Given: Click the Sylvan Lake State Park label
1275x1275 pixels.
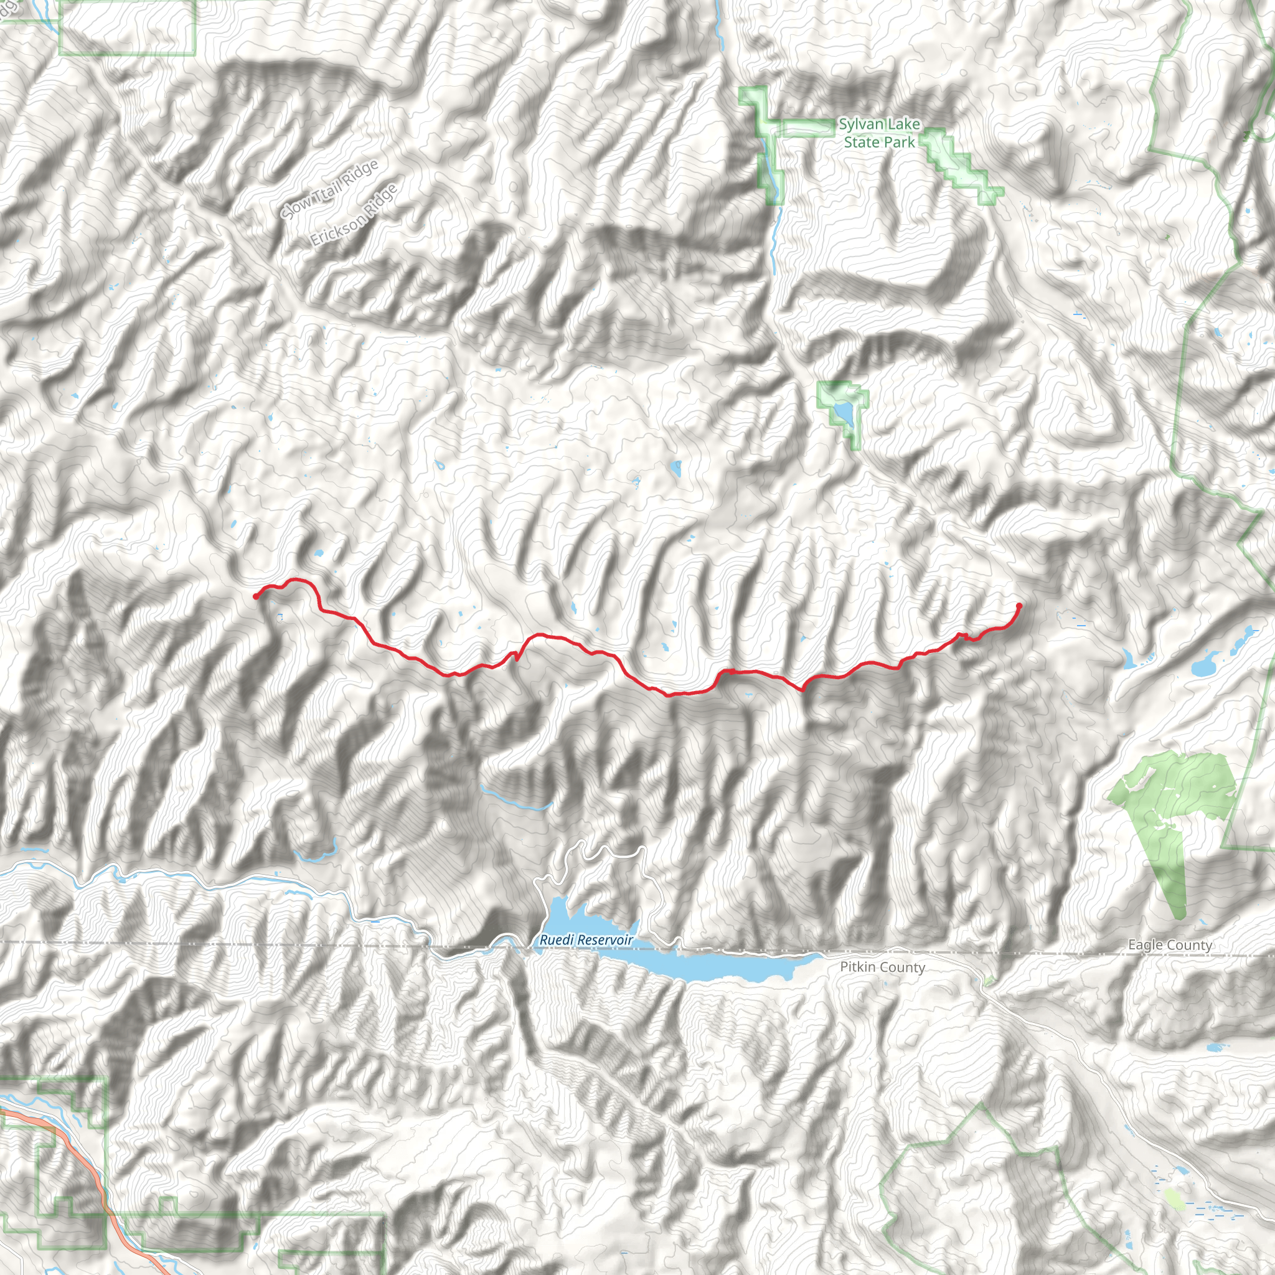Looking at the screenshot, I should pos(879,133).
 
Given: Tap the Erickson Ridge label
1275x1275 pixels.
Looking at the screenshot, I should pos(354,215).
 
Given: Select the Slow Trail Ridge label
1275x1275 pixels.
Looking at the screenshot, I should pos(329,190).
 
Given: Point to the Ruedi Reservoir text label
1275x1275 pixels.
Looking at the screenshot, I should pos(586,939).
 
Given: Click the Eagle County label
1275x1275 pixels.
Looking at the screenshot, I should pos(1169,944).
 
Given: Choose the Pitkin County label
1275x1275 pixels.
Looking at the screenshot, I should pos(882,967).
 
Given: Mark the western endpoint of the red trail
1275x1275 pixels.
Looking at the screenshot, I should pos(256,596).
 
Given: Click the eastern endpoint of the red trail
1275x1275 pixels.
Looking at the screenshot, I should pos(1019,606).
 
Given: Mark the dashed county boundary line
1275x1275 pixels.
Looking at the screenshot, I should pos(264,944).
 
